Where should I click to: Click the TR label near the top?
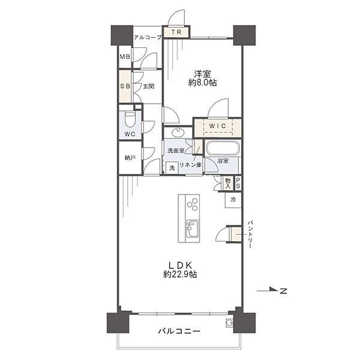pos(176,32)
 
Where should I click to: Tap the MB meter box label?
pos(125,56)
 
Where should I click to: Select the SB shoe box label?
pos(125,86)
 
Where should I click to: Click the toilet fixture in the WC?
pos(130,119)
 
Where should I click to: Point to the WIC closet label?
pos(218,126)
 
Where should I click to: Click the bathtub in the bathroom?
pos(223,148)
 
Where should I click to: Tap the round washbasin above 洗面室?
pos(178,133)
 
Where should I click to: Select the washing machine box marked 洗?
pos(172,168)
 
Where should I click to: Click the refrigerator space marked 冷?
pos(233,200)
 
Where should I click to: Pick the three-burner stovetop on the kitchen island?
pos(193,205)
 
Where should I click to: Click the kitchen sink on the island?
pos(193,229)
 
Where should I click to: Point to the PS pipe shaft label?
pos(238,184)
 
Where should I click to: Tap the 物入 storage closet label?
pos(227,184)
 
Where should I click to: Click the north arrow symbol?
pos(272,290)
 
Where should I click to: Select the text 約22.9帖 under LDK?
pos(180,274)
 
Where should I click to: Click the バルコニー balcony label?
pos(179,331)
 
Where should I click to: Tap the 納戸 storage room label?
pos(130,158)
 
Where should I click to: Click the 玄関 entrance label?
pos(148,86)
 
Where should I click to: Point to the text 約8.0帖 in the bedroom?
pos(203,83)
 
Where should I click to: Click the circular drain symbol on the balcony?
pos(229,323)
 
